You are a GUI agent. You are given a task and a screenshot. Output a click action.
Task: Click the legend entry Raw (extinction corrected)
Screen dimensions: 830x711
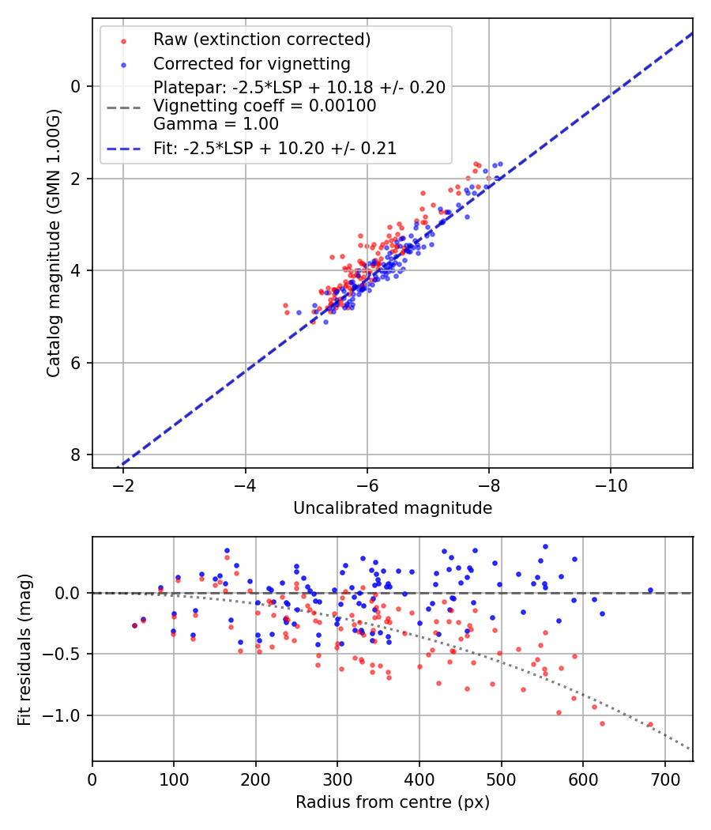pos(261,40)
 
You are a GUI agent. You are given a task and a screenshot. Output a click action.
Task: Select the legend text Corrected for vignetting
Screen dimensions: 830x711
pos(251,63)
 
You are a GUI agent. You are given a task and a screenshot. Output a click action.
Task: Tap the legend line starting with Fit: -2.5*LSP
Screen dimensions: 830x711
pos(275,148)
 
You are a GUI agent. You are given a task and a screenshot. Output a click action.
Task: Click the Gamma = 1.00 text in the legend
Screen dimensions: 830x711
pos(216,123)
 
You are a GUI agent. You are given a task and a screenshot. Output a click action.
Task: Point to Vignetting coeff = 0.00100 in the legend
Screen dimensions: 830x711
pos(265,106)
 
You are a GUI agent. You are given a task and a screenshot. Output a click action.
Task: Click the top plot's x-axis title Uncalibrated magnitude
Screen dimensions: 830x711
pos(393,508)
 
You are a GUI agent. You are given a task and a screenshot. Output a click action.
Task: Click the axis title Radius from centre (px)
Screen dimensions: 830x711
pos(393,802)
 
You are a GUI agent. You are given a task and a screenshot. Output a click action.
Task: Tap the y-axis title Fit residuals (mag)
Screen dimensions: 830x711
pos(24,649)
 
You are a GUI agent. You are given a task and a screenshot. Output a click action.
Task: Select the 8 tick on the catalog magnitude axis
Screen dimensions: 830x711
pos(77,455)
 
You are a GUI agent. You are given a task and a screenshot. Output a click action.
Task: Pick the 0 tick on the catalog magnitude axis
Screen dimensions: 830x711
pos(77,86)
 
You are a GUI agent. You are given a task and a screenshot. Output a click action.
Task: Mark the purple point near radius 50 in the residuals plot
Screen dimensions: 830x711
pos(134,625)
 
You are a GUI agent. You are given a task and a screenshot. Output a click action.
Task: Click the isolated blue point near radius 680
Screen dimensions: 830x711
pos(650,590)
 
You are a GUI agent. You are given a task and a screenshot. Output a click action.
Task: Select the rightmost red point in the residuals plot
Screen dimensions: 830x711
pos(650,724)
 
